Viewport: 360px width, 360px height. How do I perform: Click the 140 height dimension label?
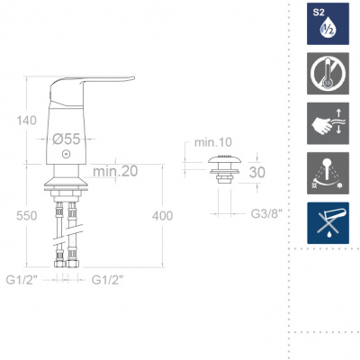[x=26, y=121]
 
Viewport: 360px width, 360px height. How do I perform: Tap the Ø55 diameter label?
[x=67, y=139]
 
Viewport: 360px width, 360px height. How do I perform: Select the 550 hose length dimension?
[x=27, y=216]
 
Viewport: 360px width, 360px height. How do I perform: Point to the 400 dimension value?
[x=162, y=216]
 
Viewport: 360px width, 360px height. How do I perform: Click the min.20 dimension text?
[x=115, y=171]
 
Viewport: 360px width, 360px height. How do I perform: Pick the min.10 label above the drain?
[x=213, y=142]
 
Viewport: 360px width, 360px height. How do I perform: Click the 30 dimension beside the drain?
[x=257, y=172]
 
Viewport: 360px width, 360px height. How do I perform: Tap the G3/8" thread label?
[x=266, y=213]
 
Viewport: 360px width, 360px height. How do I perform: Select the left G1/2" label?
[x=22, y=280]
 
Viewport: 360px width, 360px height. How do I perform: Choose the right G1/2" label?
[x=107, y=280]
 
